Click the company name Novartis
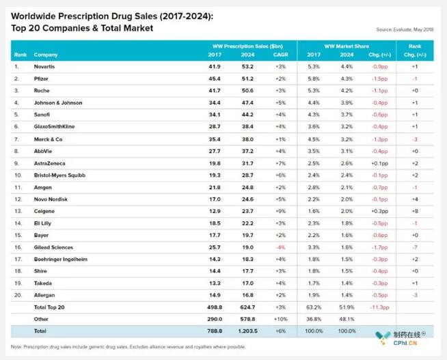pyautogui.click(x=46, y=66)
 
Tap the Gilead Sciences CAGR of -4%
pyautogui.click(x=280, y=247)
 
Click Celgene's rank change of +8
pyautogui.click(x=414, y=211)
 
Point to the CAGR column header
pyautogui.click(x=280, y=54)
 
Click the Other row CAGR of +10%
pyautogui.click(x=280, y=318)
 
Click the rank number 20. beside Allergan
pyautogui.click(x=17, y=294)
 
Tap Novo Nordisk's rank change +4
pyautogui.click(x=414, y=199)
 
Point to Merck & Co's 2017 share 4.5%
pyautogui.click(x=313, y=139)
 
